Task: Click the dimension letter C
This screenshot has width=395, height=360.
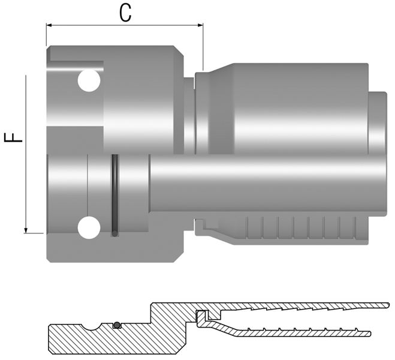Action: [x=125, y=13]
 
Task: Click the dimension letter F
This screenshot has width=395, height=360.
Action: [x=13, y=137]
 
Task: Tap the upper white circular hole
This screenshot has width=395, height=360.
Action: [x=89, y=80]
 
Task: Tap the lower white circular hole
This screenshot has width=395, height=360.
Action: [x=89, y=227]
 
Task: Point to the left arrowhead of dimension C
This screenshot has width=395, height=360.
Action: [x=49, y=25]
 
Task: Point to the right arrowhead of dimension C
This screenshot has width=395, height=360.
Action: [x=200, y=25]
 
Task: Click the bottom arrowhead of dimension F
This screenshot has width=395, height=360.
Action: [x=26, y=230]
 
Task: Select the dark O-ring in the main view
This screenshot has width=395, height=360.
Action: [x=114, y=196]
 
